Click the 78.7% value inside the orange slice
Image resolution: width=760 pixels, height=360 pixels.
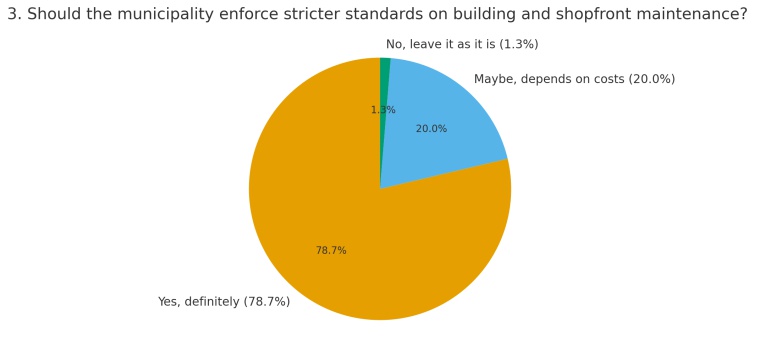click(331, 250)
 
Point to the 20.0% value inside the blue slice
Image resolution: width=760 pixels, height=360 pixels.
click(431, 129)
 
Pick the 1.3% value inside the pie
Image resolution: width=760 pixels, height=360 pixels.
click(383, 110)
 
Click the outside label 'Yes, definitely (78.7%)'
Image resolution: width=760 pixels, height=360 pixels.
click(224, 302)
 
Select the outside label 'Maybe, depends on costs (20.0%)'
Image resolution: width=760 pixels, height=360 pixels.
click(574, 79)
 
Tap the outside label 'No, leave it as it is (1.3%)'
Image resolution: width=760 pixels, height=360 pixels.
click(462, 45)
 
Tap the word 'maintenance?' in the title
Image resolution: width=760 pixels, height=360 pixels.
click(692, 15)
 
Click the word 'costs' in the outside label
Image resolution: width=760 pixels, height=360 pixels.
click(611, 79)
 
